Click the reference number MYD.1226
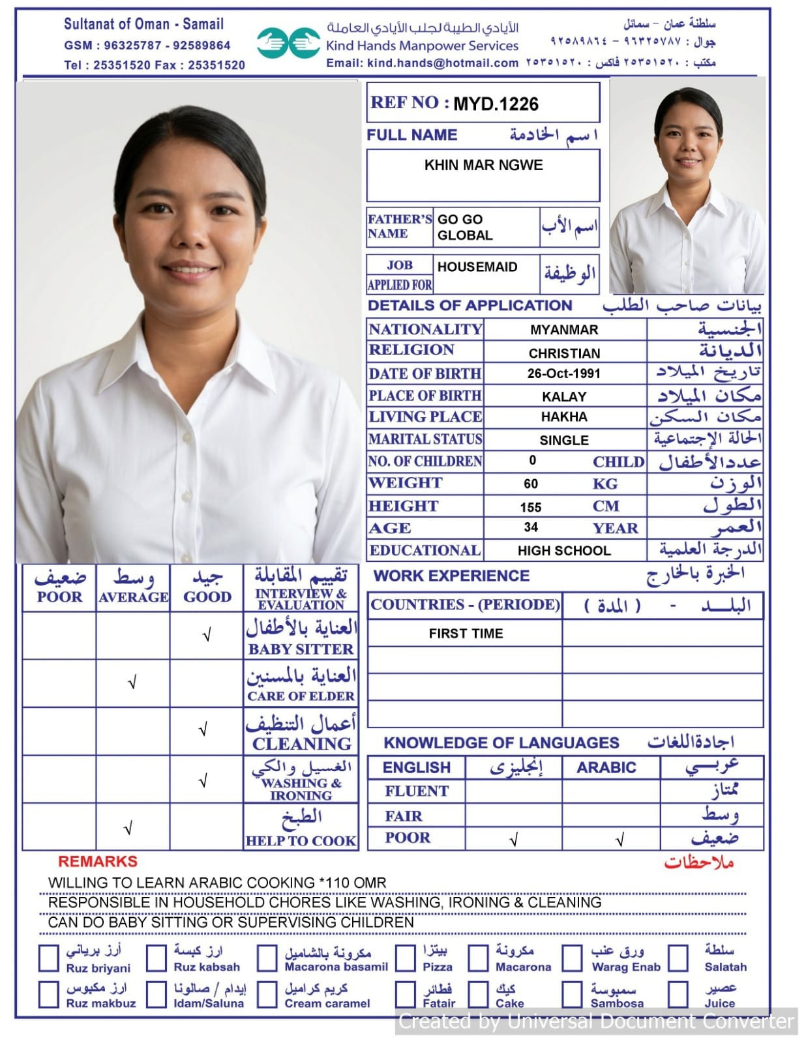496,104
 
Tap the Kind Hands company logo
288,43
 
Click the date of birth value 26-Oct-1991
564,374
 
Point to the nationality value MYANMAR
564,330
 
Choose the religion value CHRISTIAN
564,353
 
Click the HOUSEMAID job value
477,267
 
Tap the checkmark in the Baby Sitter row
207,635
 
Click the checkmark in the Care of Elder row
132,683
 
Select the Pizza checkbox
406,959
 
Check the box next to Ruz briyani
49,959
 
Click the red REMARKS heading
98,862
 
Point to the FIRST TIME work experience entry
466,634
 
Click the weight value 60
531,484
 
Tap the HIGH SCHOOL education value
564,551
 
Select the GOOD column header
207,596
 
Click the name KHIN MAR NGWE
483,165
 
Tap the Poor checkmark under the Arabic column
619,840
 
